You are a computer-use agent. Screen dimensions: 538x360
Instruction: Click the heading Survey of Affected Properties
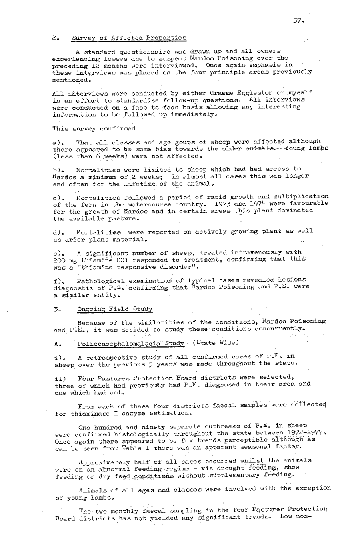(129, 38)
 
